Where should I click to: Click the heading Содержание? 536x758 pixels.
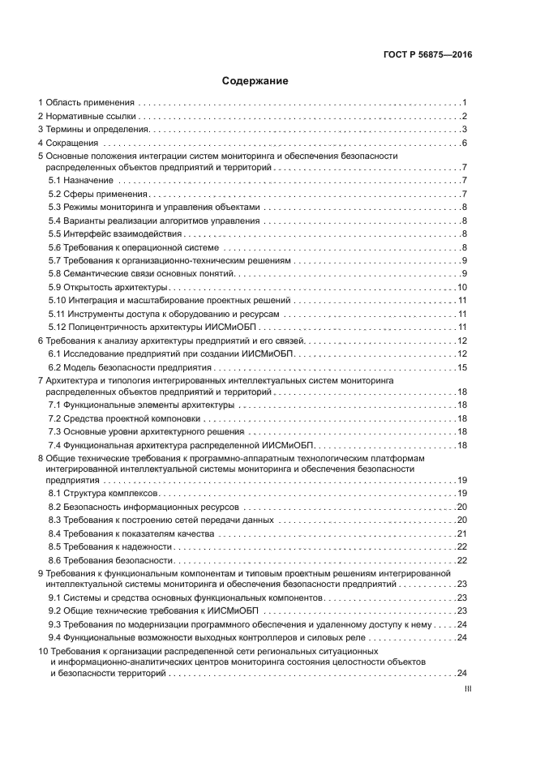(x=255, y=81)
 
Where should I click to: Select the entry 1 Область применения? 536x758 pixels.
(x=87, y=103)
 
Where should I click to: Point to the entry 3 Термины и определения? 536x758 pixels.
(x=94, y=130)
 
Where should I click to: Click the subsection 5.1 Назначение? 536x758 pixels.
(x=80, y=180)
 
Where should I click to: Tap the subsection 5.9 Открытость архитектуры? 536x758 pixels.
(x=108, y=287)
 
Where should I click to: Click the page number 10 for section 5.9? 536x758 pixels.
(x=462, y=287)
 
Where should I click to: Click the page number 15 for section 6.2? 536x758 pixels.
(x=462, y=367)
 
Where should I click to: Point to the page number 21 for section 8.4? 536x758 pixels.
(x=462, y=533)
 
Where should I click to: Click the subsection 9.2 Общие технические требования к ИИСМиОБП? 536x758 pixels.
(x=152, y=610)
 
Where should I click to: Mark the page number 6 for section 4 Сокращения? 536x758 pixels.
(x=465, y=143)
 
